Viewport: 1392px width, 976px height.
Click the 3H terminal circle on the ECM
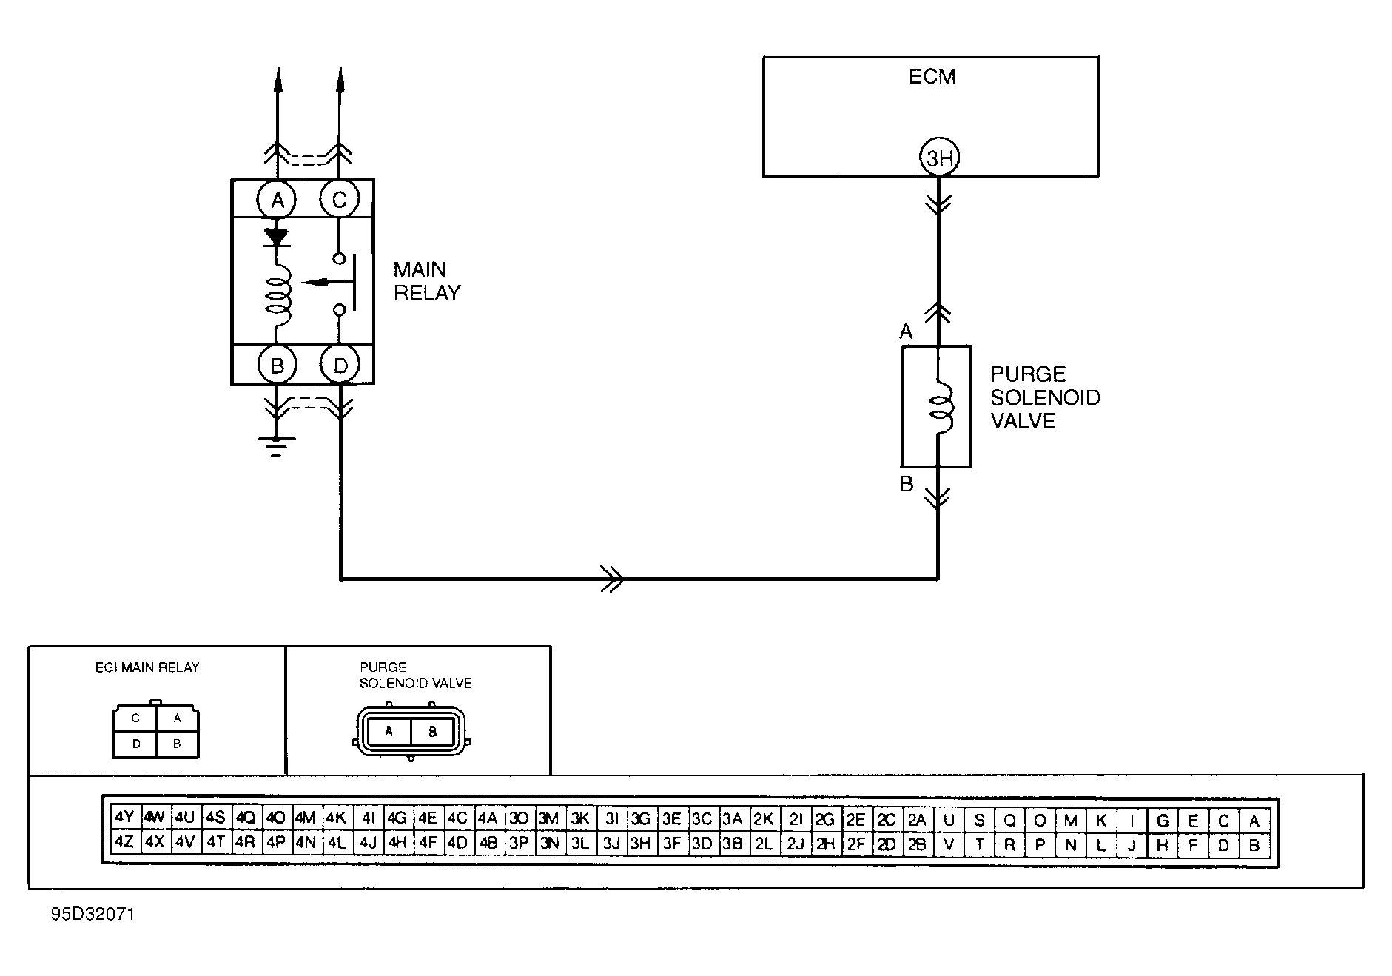(938, 158)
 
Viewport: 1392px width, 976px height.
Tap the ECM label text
(932, 76)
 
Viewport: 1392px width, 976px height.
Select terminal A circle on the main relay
(277, 199)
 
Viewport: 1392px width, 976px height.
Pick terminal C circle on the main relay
(340, 199)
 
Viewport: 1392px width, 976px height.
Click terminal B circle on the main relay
(277, 365)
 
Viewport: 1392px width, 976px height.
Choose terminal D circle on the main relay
(340, 365)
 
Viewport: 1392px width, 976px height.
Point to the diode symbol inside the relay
(277, 237)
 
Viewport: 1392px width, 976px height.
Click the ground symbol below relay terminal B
(276, 445)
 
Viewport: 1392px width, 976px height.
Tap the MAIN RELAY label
(427, 281)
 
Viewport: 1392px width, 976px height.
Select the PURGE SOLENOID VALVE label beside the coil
(1045, 397)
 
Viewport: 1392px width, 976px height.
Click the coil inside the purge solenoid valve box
(944, 408)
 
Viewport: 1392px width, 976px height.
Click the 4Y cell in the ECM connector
(124, 817)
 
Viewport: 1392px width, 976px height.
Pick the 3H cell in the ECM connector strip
(640, 843)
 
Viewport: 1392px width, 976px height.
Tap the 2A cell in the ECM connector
(916, 819)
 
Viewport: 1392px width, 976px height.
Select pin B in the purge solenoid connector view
(433, 732)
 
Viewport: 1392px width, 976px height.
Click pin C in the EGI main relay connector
(135, 718)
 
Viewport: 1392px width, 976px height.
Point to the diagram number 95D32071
(93, 914)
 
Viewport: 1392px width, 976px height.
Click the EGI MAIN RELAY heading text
(147, 667)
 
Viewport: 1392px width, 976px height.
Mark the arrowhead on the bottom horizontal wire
(613, 577)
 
